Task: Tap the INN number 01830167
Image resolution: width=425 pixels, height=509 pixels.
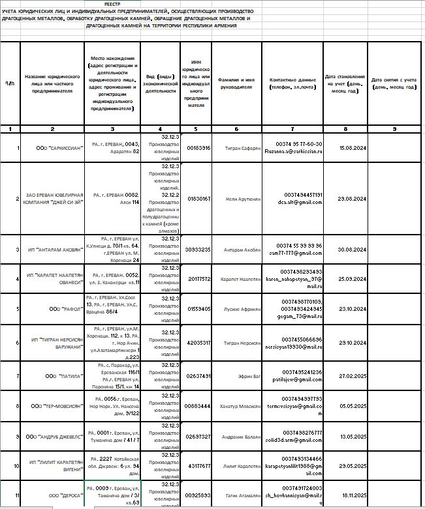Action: click(x=198, y=198)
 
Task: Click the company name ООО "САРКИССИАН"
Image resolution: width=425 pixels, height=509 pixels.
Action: click(x=53, y=148)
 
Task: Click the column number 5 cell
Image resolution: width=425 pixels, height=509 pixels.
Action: click(x=198, y=129)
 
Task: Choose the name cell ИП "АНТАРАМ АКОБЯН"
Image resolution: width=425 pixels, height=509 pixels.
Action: click(x=53, y=250)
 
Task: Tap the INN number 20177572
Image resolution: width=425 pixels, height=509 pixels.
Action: click(x=198, y=279)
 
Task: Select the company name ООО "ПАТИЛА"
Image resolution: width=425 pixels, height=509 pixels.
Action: click(x=53, y=376)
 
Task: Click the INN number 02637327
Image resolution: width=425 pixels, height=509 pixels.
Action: click(x=198, y=436)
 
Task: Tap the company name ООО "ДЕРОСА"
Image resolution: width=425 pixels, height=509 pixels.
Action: click(x=53, y=495)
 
